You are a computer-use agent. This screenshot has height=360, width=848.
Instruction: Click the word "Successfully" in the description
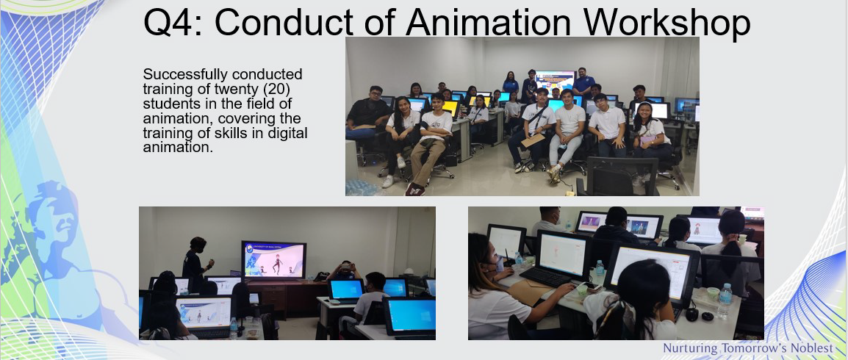(x=178, y=75)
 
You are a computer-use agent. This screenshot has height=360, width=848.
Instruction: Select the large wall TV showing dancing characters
(x=273, y=260)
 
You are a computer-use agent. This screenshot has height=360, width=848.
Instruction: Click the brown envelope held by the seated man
(x=532, y=140)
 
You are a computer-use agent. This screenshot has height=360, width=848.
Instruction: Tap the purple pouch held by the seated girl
(x=646, y=140)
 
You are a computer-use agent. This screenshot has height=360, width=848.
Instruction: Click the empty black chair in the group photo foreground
(x=617, y=176)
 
